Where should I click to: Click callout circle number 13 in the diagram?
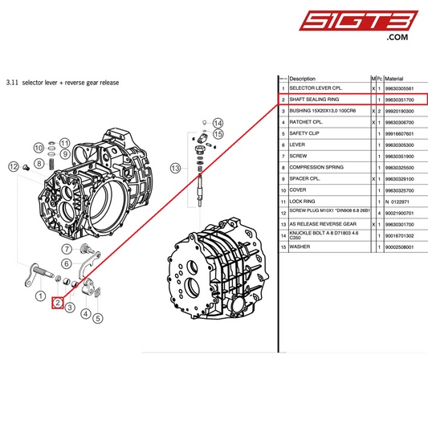point(176,167)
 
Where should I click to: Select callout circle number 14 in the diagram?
point(218,123)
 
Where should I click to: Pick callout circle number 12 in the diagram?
point(13,166)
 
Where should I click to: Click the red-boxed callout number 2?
point(58,304)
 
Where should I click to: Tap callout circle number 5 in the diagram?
point(98,318)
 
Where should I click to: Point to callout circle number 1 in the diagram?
point(40,296)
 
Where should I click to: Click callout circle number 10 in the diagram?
point(39,147)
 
